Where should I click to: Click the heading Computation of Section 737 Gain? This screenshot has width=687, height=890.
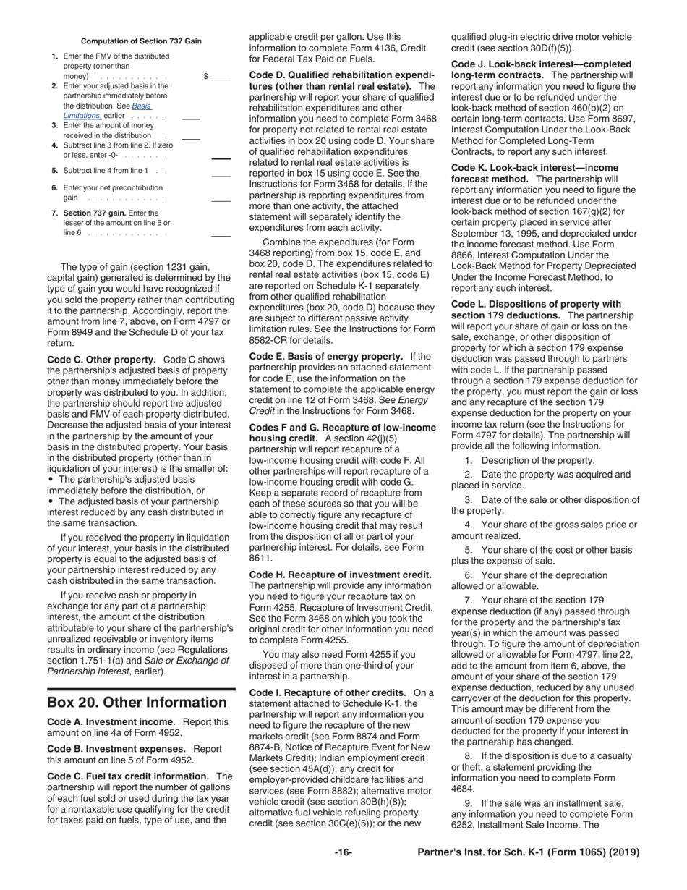pos(141,41)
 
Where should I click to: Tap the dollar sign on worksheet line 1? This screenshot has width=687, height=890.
pos(206,76)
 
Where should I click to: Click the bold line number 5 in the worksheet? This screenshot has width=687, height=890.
pos(55,170)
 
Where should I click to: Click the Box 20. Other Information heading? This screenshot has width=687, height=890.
pos(137,703)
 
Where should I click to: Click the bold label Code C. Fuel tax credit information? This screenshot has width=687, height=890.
pos(128,776)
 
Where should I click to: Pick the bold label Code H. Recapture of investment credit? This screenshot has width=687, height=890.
pos(340,575)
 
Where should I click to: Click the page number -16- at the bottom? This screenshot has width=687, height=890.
pos(343,852)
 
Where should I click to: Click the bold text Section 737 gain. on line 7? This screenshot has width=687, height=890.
pos(95,213)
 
